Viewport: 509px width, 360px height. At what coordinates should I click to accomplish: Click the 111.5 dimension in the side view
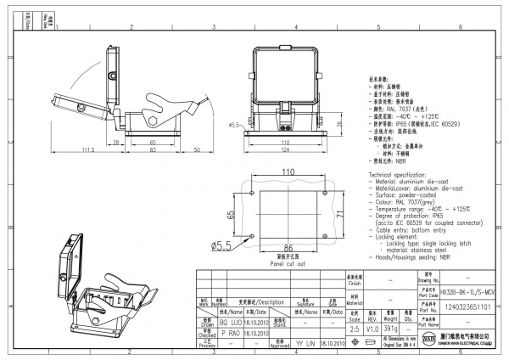point(87,150)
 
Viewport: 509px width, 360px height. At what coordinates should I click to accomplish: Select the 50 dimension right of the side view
point(197,150)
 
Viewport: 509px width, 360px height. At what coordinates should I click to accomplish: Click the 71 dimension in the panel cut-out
point(339,217)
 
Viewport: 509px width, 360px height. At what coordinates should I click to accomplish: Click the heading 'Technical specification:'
point(405,173)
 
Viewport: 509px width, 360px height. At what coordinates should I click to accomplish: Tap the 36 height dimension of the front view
point(340,125)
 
